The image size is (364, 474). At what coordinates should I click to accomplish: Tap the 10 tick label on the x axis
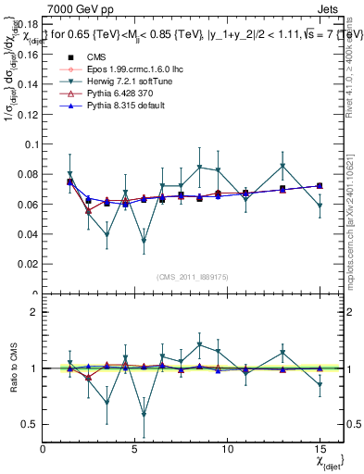point(228,449)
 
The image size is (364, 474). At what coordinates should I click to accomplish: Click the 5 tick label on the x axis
point(135,449)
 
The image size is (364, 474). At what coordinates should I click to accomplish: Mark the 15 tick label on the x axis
point(320,449)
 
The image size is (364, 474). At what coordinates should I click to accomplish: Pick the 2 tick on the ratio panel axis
point(33,312)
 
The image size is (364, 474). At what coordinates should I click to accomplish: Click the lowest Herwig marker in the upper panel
point(144,241)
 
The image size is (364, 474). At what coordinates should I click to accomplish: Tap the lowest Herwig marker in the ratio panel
point(144,414)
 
